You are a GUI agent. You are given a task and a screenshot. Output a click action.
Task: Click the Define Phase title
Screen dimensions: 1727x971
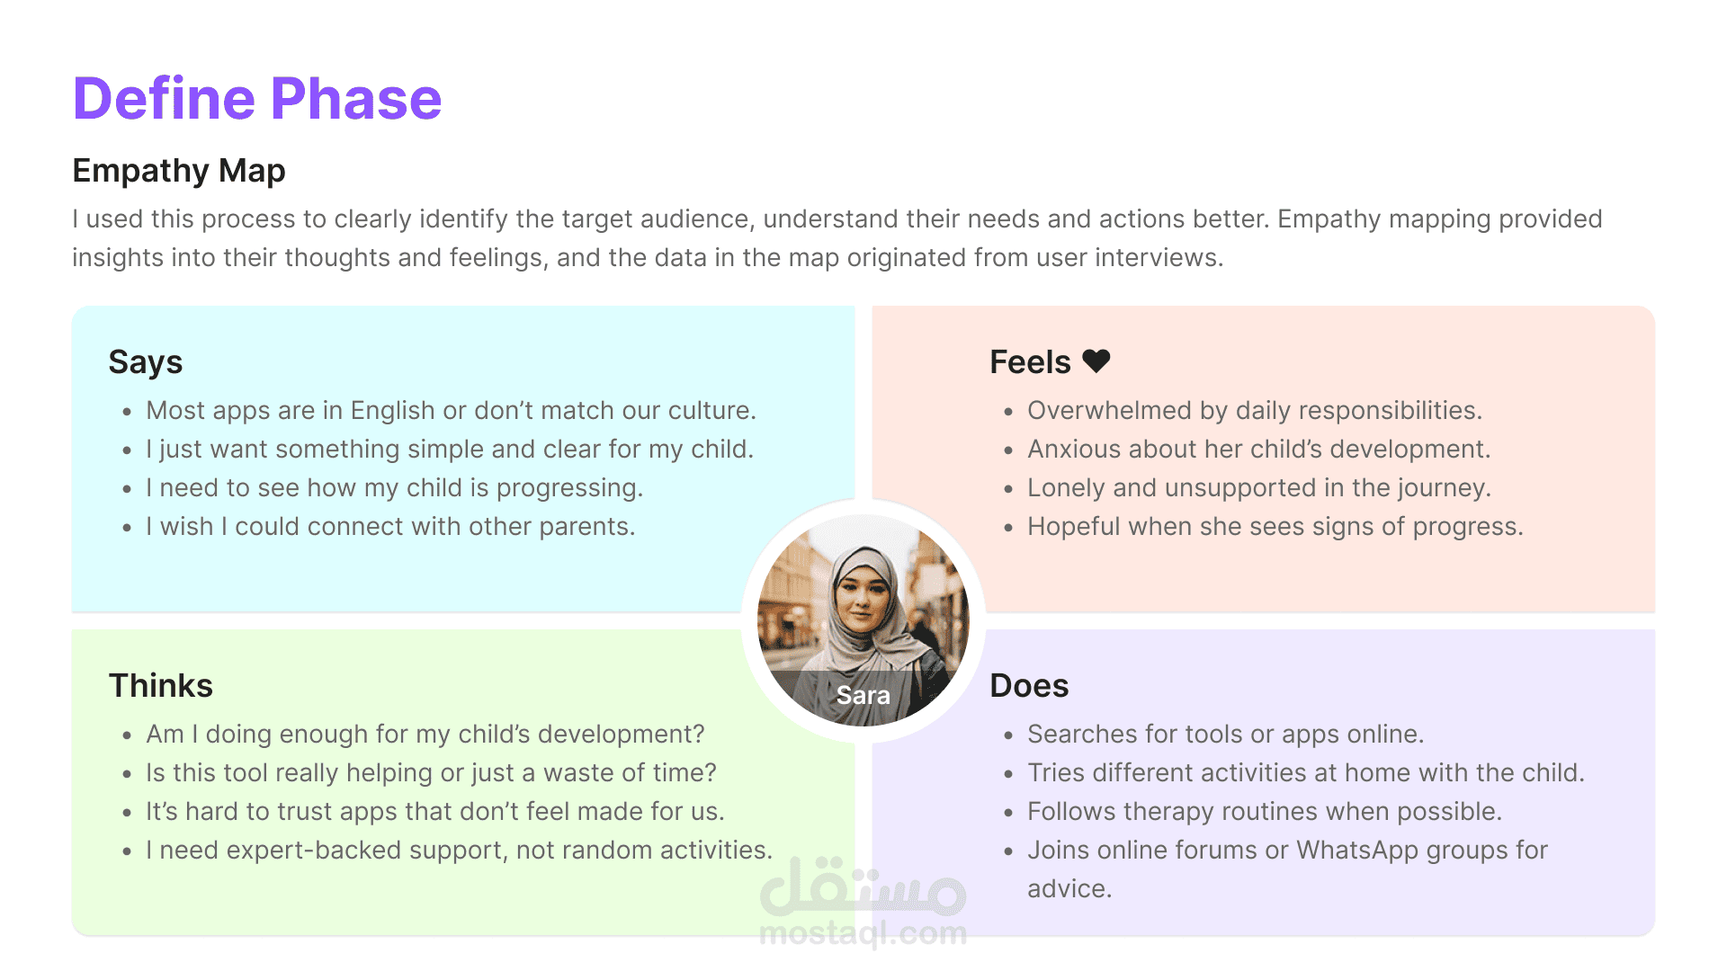coord(257,98)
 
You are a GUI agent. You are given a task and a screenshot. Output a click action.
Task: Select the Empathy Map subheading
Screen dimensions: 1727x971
coord(179,171)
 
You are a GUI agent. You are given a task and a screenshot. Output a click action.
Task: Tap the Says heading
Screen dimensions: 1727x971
coord(146,362)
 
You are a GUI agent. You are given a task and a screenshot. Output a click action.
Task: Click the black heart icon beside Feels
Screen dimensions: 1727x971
coord(1096,361)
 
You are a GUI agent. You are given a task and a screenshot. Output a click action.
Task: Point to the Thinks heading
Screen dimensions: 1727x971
coord(161,685)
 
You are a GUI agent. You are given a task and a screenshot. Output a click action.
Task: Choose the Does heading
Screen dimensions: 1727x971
coord(1029,685)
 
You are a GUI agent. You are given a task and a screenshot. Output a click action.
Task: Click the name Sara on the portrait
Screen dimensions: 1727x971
coord(863,695)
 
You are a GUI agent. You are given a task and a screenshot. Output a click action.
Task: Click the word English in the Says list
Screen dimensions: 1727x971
coord(393,411)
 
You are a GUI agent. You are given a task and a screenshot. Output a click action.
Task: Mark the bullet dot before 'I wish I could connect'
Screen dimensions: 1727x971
coord(127,528)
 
